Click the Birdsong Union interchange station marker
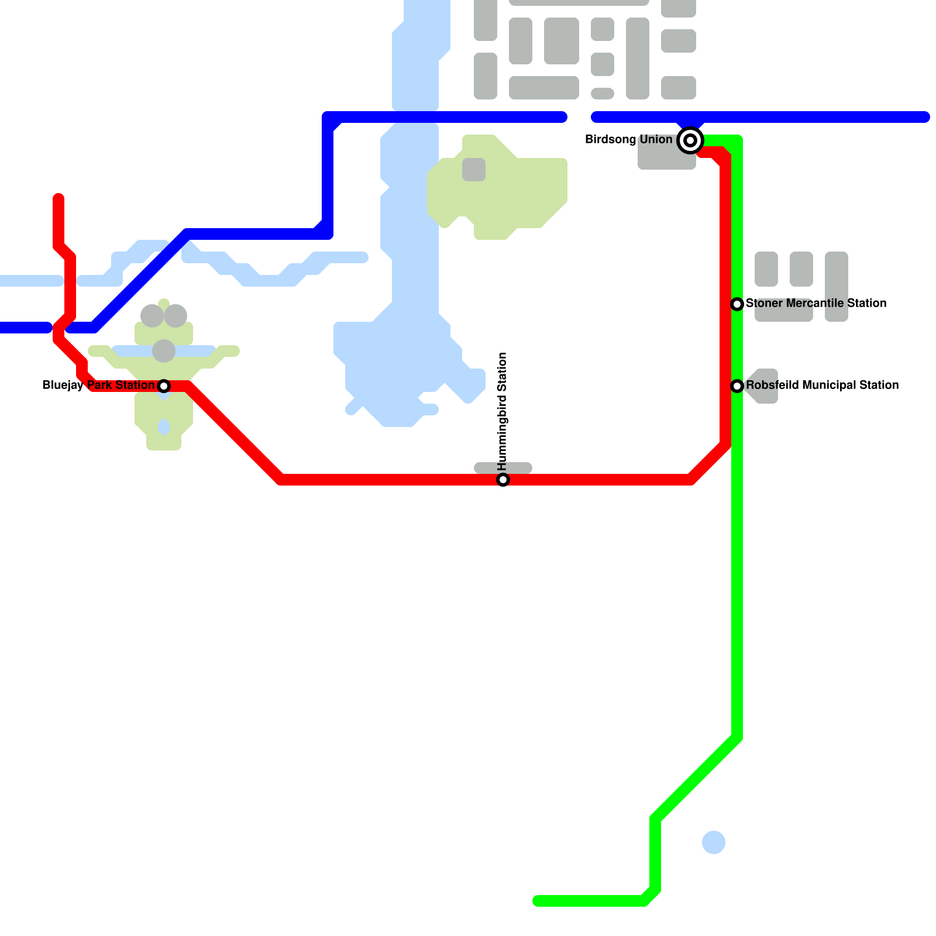pos(690,140)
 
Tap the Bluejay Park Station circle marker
pos(164,386)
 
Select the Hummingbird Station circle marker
pos(503,480)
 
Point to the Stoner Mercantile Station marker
pos(737,304)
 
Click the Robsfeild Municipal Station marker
pos(737,386)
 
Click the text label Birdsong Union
pos(629,139)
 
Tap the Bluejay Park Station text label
pos(98,385)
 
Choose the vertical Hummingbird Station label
pos(503,412)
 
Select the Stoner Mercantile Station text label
pos(816,303)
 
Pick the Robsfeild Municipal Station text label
pos(822,385)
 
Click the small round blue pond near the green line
pos(714,842)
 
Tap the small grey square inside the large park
pos(474,170)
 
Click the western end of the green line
pos(537,901)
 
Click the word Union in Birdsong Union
pos(656,139)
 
